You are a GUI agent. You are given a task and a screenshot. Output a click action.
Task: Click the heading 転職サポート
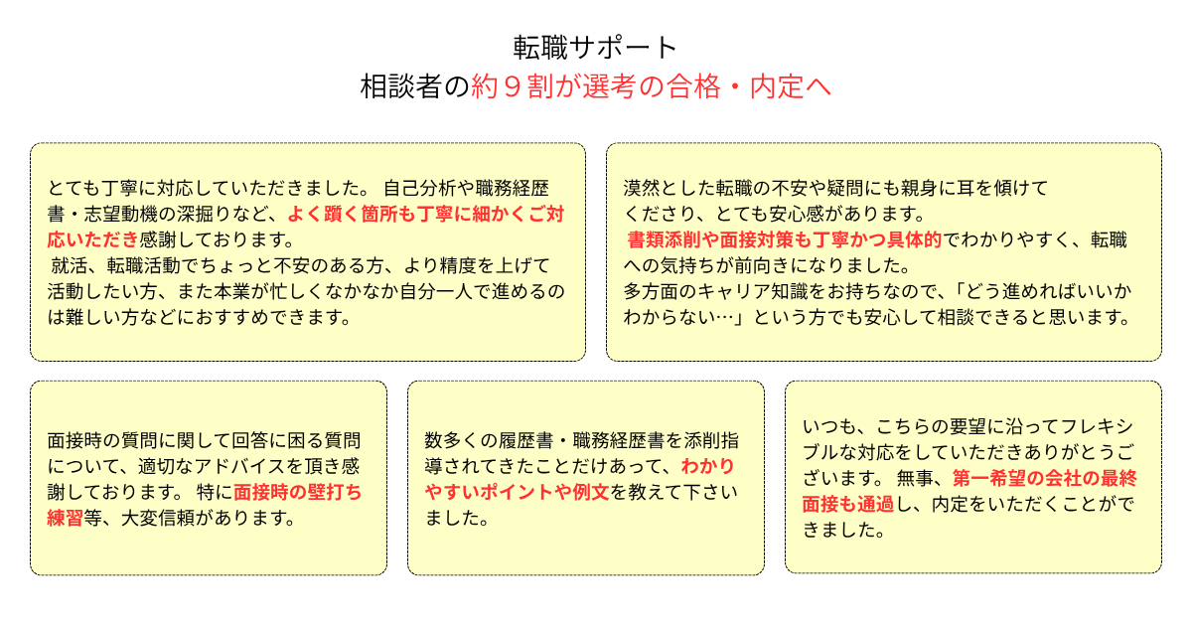pyautogui.click(x=595, y=48)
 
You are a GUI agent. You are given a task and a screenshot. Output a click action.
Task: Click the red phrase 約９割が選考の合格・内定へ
pyautogui.click(x=652, y=86)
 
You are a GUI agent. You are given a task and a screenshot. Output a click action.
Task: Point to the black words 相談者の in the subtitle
pyautogui.click(x=415, y=86)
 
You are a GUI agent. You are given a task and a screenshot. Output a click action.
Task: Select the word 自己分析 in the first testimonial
pyautogui.click(x=419, y=188)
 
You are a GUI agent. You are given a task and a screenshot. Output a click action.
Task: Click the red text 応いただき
pyautogui.click(x=93, y=239)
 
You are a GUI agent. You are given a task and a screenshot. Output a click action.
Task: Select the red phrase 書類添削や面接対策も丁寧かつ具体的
pyautogui.click(x=785, y=239)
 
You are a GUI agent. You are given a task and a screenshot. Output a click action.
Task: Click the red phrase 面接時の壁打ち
pyautogui.click(x=297, y=492)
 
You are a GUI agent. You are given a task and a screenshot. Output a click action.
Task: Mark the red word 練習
pyautogui.click(x=65, y=518)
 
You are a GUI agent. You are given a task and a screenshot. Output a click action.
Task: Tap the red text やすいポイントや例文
pyautogui.click(x=517, y=492)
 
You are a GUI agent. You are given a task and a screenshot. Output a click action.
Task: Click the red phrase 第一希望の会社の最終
pyautogui.click(x=1044, y=479)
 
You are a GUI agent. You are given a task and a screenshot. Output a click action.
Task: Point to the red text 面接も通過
pyautogui.click(x=848, y=504)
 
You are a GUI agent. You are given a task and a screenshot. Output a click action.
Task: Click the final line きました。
pyautogui.click(x=844, y=531)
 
